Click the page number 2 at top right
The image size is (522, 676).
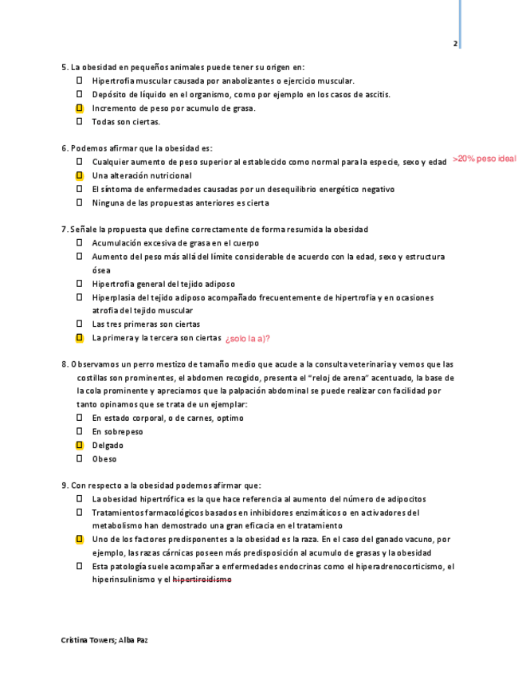pyautogui.click(x=455, y=44)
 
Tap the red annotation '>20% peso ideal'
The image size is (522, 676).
pyautogui.click(x=485, y=159)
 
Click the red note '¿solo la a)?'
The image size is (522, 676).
pyautogui.click(x=248, y=339)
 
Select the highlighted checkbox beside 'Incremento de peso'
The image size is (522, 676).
pyautogui.click(x=80, y=108)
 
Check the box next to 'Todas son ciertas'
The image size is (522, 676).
pyautogui.click(x=80, y=121)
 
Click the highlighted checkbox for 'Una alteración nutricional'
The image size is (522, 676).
pyautogui.click(x=80, y=175)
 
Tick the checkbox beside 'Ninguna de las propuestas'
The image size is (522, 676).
pyautogui.click(x=80, y=202)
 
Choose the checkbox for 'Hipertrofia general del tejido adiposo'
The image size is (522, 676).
pyautogui.click(x=80, y=284)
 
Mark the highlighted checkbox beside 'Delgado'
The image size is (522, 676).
pyautogui.click(x=80, y=445)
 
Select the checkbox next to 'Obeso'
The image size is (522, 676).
pyautogui.click(x=80, y=458)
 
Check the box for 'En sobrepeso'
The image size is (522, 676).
pyautogui.click(x=80, y=431)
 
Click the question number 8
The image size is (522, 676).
pyautogui.click(x=64, y=364)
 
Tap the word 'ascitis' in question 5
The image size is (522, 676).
pyautogui.click(x=377, y=94)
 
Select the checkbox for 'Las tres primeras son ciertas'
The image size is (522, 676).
pyautogui.click(x=80, y=324)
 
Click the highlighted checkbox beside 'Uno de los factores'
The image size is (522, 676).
pyautogui.click(x=80, y=540)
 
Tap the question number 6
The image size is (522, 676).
pyautogui.click(x=64, y=148)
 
